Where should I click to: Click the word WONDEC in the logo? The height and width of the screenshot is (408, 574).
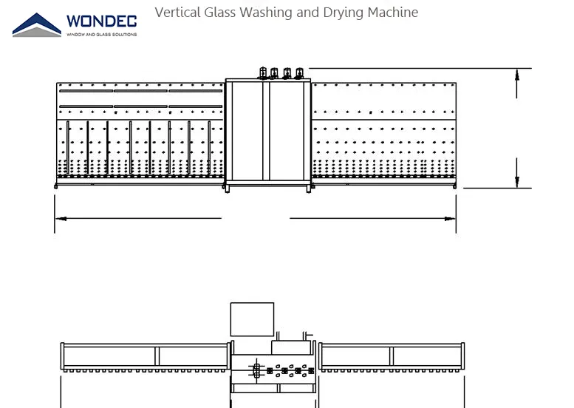101,21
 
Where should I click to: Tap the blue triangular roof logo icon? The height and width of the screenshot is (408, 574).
37,24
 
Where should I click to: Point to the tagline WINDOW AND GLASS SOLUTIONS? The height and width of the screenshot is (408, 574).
101,34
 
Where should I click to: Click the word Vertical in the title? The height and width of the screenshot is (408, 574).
174,13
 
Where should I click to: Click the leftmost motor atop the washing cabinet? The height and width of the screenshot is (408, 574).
262,72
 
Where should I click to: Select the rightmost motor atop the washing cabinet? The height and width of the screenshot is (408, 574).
299,72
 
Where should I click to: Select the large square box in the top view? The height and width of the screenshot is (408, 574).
252,319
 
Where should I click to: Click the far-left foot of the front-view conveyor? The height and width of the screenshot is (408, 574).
57,186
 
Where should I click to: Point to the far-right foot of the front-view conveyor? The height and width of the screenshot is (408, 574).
453,186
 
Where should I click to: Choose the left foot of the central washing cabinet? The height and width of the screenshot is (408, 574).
227,189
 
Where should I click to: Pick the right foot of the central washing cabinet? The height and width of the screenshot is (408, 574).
309,189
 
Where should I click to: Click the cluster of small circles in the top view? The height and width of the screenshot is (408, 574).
284,370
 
